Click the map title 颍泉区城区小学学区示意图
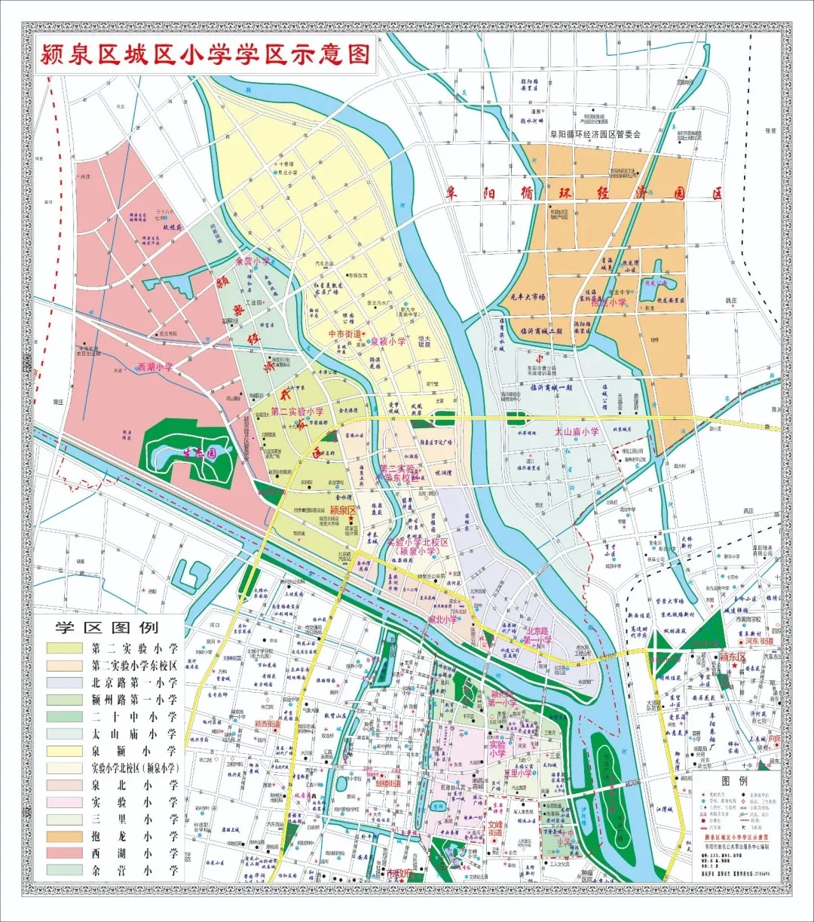click(x=204, y=55)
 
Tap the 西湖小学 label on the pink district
click(x=155, y=368)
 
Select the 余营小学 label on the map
click(x=252, y=261)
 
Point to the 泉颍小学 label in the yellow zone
click(x=388, y=341)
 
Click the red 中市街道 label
click(x=345, y=333)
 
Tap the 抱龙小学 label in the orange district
click(x=608, y=302)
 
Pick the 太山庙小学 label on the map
click(x=577, y=432)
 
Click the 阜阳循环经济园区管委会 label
click(x=594, y=134)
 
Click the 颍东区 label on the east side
click(x=731, y=657)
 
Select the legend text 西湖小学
click(x=134, y=853)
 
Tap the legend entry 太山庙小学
click(x=134, y=734)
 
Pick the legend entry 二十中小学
click(x=134, y=716)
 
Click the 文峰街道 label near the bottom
click(x=495, y=829)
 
